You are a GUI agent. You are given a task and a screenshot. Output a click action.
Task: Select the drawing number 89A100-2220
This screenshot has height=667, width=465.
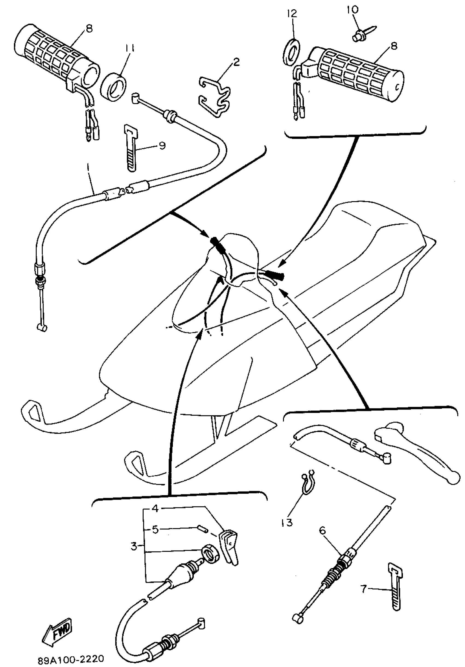[71, 659]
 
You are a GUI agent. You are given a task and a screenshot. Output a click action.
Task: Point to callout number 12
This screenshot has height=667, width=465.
[292, 13]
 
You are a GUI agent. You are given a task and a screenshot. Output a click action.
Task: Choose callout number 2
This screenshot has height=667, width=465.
[236, 61]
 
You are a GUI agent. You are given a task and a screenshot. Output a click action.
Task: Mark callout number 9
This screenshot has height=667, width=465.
[162, 145]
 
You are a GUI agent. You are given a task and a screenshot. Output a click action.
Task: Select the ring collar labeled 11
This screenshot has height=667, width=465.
[114, 87]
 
